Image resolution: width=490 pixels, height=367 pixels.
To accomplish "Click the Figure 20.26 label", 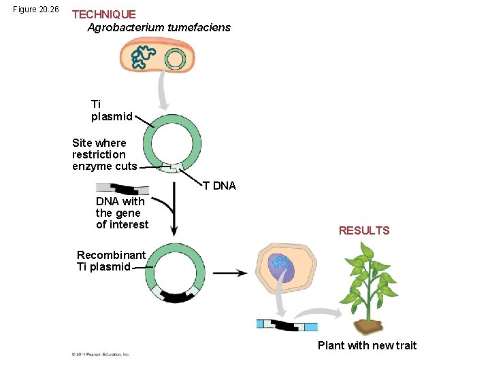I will (x=36, y=10).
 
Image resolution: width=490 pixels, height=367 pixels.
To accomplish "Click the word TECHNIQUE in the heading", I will (x=103, y=14).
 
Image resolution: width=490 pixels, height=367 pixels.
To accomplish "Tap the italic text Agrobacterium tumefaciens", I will (x=159, y=28).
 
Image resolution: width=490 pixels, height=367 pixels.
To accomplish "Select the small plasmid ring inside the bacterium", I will (x=175, y=59).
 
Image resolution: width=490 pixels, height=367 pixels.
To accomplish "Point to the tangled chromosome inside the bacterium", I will (x=143, y=57).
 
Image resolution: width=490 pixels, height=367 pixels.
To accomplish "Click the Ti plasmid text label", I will (x=112, y=110).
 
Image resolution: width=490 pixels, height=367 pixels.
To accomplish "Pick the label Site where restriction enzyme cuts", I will (x=105, y=154).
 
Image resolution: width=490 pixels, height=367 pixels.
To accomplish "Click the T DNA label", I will (x=219, y=186).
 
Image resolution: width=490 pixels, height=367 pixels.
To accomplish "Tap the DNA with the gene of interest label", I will (x=122, y=213).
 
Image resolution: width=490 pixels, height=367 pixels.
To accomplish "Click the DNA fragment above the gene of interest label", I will (x=122, y=188).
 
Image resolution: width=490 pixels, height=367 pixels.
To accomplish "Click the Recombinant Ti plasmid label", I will (x=111, y=261).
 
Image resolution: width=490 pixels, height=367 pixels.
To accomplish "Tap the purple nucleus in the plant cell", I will (x=280, y=267).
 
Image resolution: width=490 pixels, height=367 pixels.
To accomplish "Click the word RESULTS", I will (x=364, y=230).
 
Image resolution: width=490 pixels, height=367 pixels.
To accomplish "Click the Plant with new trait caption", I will (x=367, y=345).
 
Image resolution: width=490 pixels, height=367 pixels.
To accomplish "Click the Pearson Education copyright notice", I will (x=101, y=354).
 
